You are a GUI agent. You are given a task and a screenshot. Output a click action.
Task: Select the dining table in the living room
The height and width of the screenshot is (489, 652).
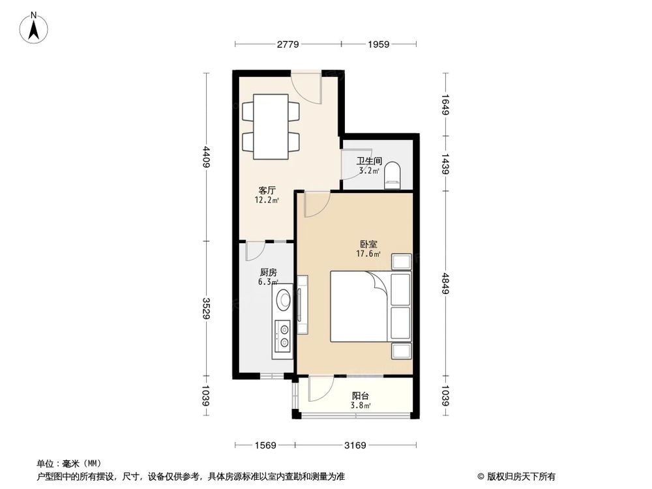tap(271, 126)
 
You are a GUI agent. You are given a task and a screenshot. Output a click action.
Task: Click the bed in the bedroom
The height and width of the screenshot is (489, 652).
tap(360, 306)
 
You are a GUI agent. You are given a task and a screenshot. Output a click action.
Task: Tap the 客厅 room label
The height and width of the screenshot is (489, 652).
tap(267, 190)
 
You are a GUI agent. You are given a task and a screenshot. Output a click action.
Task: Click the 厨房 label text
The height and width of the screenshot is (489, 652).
tap(268, 273)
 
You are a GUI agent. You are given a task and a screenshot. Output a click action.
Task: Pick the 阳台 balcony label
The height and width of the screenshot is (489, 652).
tap(361, 395)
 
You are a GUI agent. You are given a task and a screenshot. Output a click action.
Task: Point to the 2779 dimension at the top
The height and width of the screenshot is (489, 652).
tap(288, 44)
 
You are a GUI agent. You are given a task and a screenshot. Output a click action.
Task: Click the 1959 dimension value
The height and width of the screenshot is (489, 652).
tap(378, 44)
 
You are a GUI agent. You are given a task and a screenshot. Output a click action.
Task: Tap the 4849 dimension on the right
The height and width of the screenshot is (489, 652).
tap(446, 283)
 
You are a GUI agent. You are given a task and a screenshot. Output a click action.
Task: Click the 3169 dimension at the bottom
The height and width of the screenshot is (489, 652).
tap(355, 445)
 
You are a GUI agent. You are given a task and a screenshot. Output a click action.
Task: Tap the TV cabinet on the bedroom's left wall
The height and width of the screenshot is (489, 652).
tap(303, 304)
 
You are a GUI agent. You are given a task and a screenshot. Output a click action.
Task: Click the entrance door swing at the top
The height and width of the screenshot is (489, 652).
tap(306, 87)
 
